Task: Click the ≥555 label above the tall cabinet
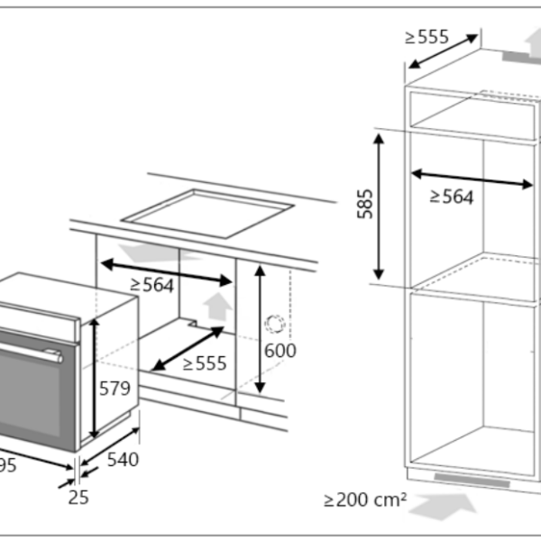[x=426, y=36]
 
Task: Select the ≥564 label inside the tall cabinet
[x=451, y=197]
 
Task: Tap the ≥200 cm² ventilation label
[x=366, y=499]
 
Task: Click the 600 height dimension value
[x=280, y=351]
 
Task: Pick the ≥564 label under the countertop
[x=151, y=284]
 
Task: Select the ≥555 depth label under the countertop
[x=205, y=363]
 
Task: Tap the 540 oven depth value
[x=123, y=460]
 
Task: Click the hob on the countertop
[x=207, y=213]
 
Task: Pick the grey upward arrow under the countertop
[x=216, y=307]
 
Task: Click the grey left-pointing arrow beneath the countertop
[x=150, y=251]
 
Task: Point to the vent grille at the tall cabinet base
[x=473, y=479]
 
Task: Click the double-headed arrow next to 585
[x=380, y=205]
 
